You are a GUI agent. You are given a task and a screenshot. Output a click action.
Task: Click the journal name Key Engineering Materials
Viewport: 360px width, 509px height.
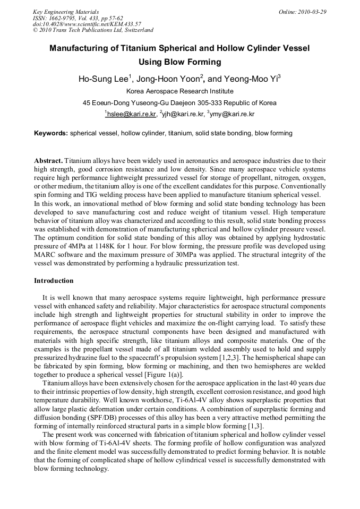[x=66, y=11]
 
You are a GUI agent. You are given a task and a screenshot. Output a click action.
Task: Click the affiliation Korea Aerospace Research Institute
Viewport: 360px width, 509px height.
[x=179, y=91]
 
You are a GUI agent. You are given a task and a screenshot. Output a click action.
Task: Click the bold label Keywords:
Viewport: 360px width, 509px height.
[x=51, y=133]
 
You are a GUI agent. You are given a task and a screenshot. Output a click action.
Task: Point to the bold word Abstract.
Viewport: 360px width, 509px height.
[x=48, y=160]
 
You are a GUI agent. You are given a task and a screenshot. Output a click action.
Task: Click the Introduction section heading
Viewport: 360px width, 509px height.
[x=54, y=280]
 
